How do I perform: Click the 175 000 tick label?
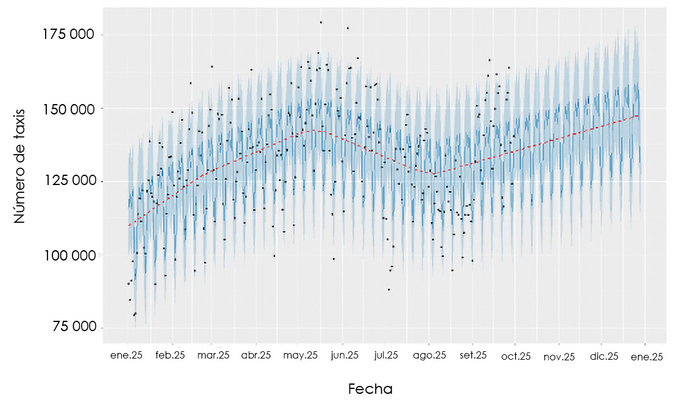point(69,35)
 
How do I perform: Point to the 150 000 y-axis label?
point(69,109)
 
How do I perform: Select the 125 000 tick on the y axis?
point(69,181)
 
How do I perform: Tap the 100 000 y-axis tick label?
point(69,255)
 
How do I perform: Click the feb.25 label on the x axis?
point(170,356)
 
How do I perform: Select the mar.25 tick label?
point(213,356)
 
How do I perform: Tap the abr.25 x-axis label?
point(256,356)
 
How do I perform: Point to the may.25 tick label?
point(301,356)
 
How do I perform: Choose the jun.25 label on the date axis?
point(345,356)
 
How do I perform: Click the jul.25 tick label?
point(386,356)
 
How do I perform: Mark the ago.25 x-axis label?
point(430,356)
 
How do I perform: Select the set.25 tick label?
point(474,356)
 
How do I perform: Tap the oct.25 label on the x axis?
point(516,356)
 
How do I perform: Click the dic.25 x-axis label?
point(604,356)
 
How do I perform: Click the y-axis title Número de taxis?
point(21,166)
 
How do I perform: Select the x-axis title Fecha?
point(370,389)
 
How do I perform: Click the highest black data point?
point(321,23)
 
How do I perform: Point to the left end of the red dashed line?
point(128,225)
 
